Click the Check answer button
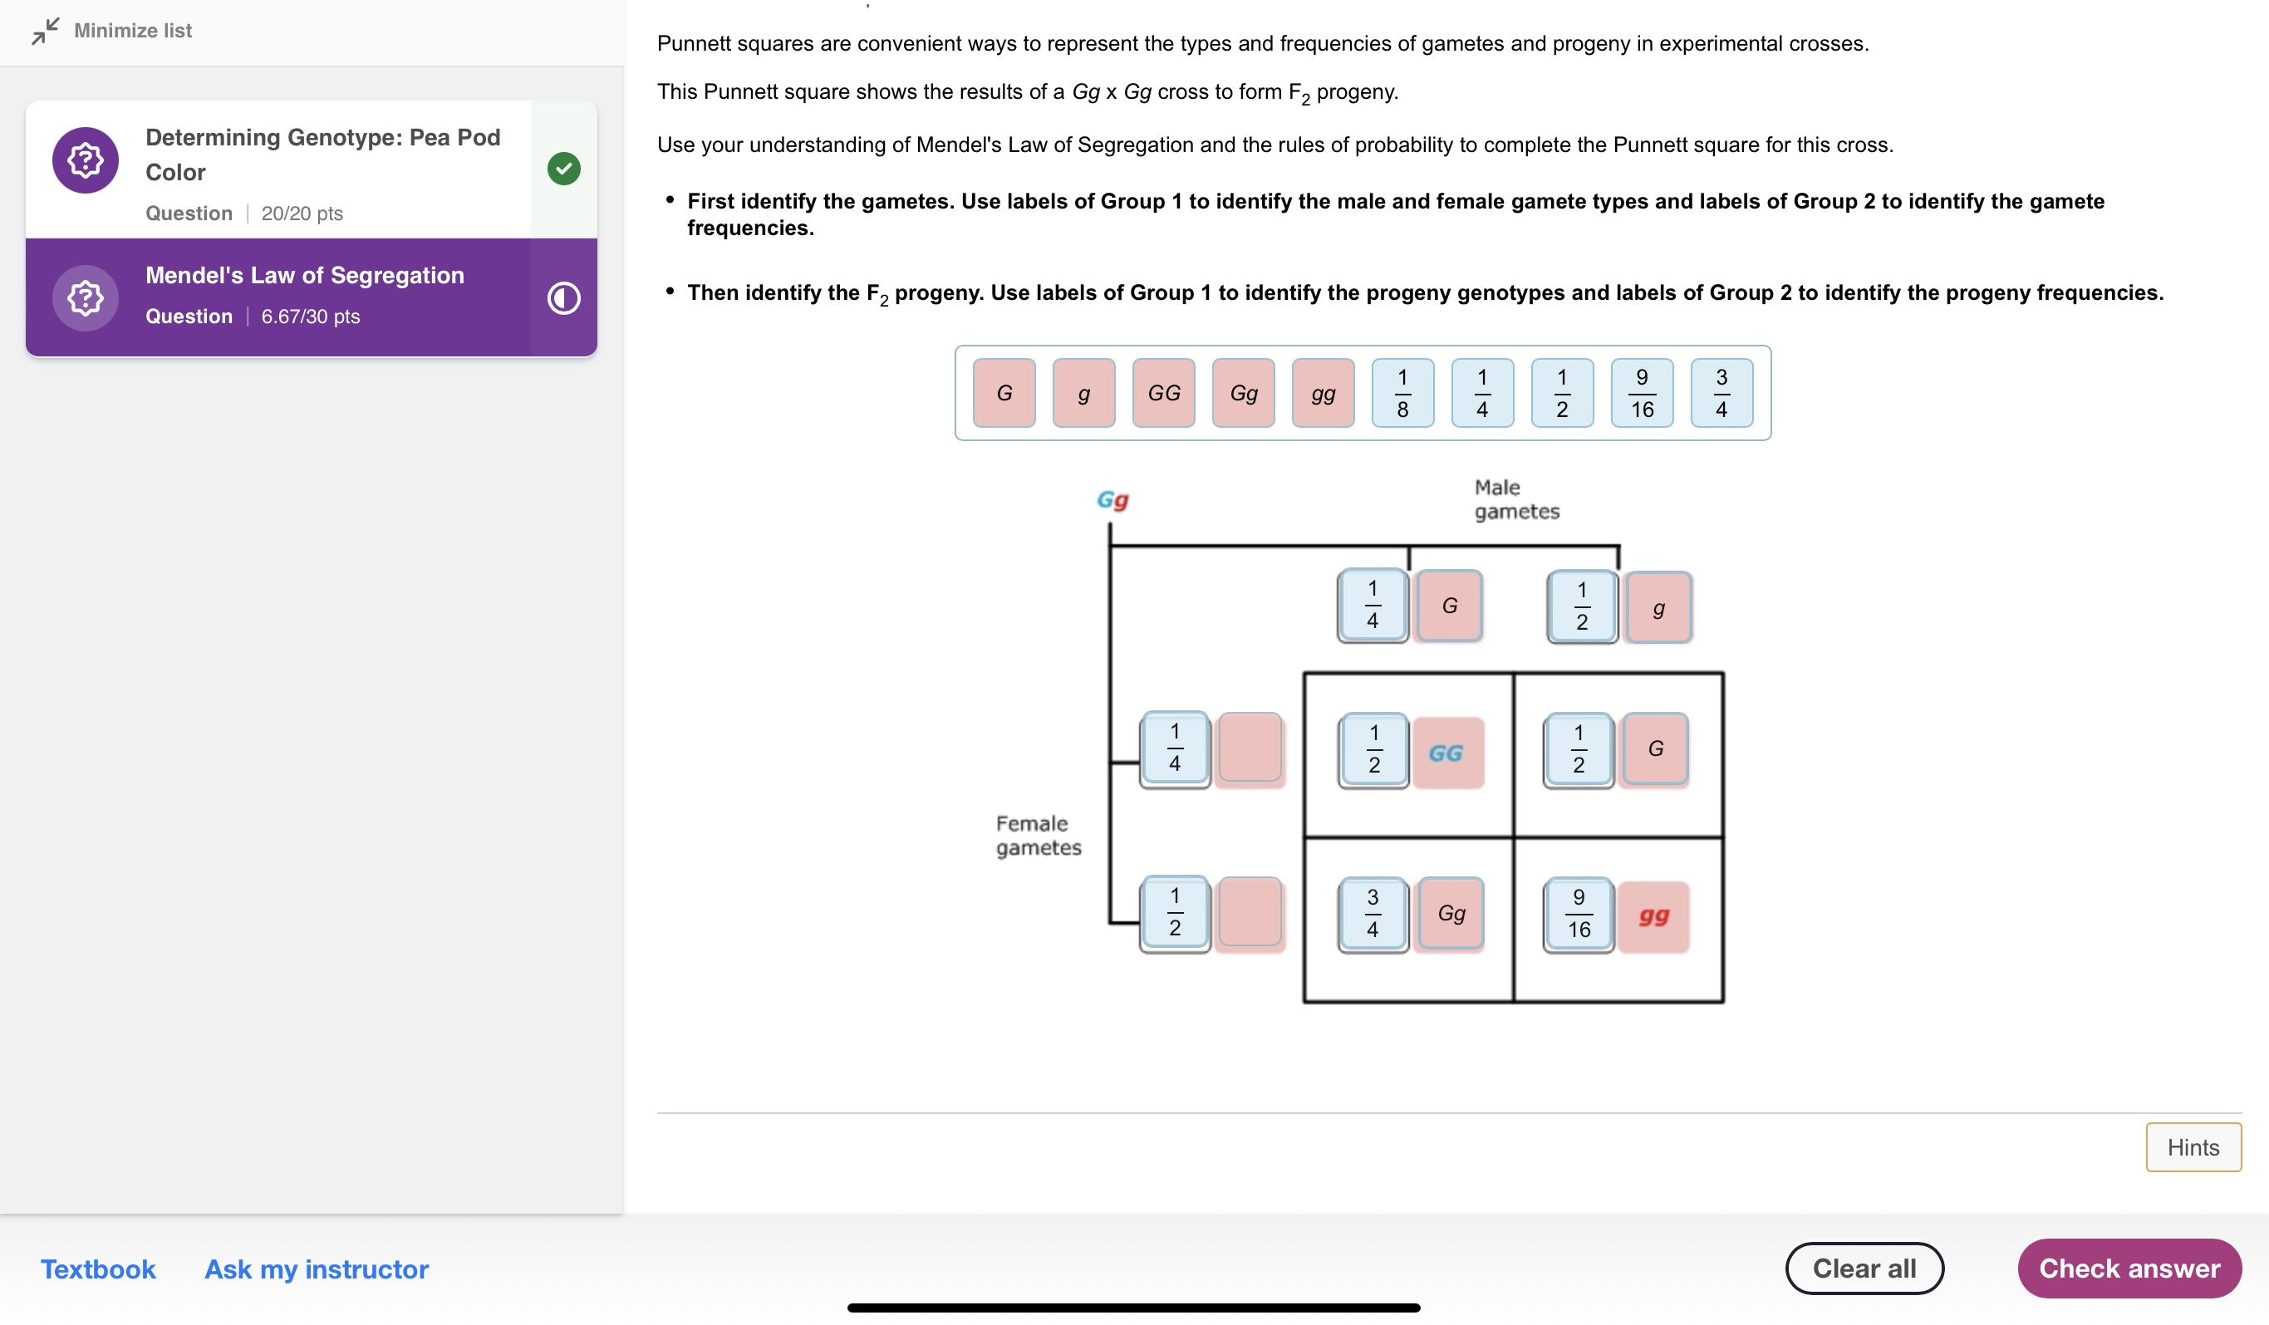click(2129, 1268)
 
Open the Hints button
click(2193, 1146)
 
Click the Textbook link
click(98, 1269)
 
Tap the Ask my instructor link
click(316, 1269)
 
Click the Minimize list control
click(112, 31)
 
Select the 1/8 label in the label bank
click(1402, 392)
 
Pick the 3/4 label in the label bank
click(1721, 392)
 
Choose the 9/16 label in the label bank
click(1642, 392)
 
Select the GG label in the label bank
click(1163, 392)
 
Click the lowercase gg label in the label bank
click(1323, 392)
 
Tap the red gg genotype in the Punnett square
click(1653, 916)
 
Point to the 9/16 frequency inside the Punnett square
click(1579, 915)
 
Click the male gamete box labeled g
click(1658, 607)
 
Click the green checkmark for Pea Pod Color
click(563, 169)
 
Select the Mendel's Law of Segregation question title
click(304, 276)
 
